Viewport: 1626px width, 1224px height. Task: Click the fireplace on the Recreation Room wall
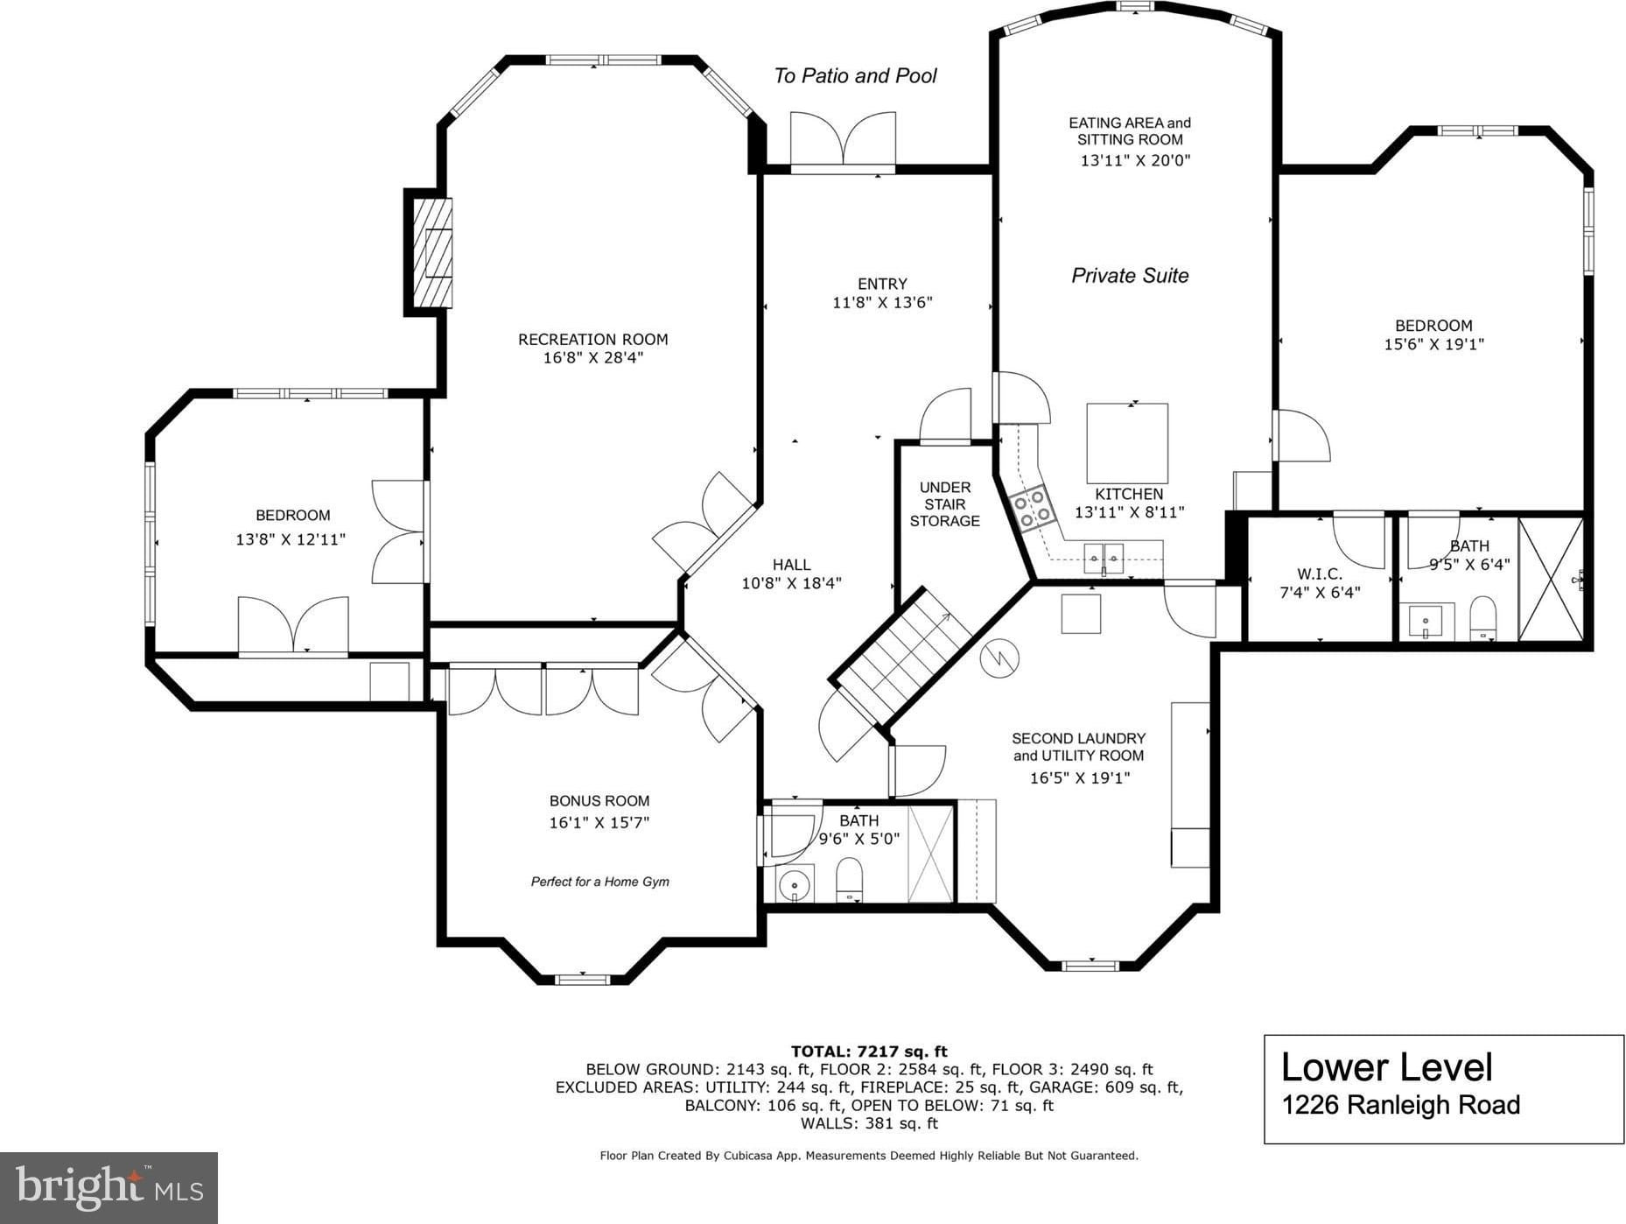(x=430, y=252)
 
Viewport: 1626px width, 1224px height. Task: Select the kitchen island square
(x=1127, y=443)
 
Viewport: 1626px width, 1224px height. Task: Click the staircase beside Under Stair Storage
(x=902, y=654)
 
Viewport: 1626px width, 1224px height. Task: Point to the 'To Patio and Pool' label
(x=855, y=76)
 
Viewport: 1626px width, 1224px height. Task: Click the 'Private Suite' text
(x=1130, y=276)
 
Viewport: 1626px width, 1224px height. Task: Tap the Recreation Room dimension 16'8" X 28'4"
(x=593, y=357)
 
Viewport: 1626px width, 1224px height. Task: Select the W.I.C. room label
(x=1320, y=574)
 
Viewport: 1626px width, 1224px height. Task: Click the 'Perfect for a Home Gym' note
(x=599, y=882)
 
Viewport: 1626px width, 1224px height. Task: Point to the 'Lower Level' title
(x=1386, y=1067)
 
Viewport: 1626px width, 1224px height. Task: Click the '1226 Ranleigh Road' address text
(x=1400, y=1105)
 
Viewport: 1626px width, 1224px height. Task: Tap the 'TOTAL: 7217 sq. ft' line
(x=869, y=1052)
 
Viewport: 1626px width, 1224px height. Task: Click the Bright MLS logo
(x=109, y=1187)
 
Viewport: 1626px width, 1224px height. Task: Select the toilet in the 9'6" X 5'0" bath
(x=850, y=880)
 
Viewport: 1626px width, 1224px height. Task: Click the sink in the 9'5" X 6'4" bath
(x=1426, y=622)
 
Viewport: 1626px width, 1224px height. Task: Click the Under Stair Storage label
(x=944, y=504)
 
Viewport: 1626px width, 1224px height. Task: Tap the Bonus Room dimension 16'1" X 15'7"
(x=599, y=822)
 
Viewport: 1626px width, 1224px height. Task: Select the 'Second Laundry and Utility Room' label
(x=1078, y=747)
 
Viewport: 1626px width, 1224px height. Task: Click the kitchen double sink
(x=1103, y=556)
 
